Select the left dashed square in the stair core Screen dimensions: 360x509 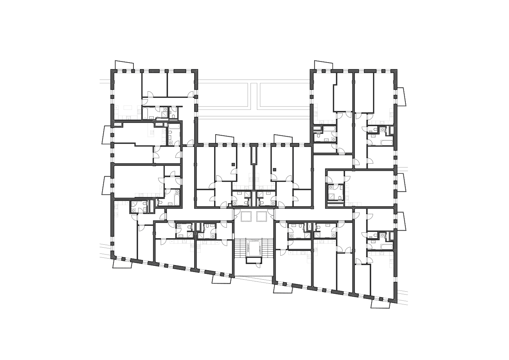point(245,216)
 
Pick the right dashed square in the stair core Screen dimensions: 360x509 point(262,216)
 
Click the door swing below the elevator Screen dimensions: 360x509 point(257,265)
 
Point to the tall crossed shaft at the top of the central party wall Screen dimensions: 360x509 point(253,155)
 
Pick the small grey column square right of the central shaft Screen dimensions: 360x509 point(274,169)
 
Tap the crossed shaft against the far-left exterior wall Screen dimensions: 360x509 point(119,124)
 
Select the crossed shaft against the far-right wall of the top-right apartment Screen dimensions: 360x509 point(392,130)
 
